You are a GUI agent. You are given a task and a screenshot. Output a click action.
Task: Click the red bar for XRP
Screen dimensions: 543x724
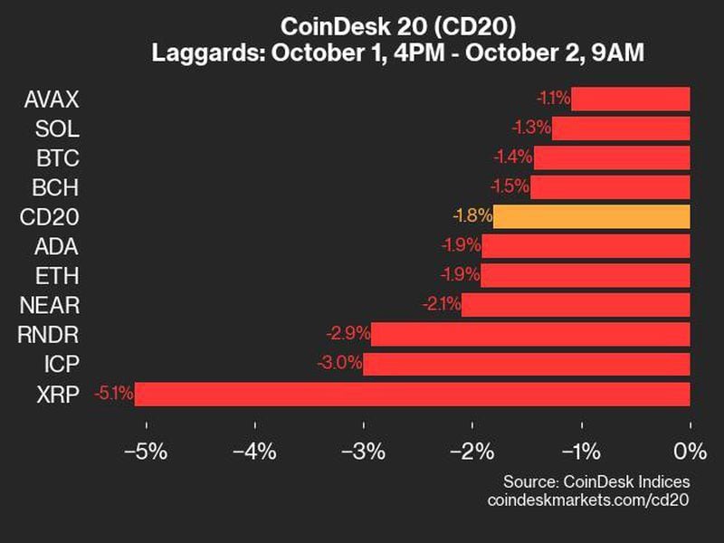(x=412, y=394)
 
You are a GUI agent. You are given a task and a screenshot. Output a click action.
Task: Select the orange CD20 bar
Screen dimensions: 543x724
(x=592, y=216)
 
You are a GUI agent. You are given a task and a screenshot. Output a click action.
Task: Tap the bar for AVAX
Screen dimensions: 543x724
(x=630, y=99)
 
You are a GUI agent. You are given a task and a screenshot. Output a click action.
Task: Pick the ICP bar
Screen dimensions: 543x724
(x=526, y=364)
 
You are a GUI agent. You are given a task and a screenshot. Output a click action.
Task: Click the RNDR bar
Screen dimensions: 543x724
(x=530, y=335)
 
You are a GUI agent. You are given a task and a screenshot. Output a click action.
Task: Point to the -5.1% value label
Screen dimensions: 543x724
(x=113, y=394)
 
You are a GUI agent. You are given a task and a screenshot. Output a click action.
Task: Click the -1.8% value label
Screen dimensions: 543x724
(x=472, y=216)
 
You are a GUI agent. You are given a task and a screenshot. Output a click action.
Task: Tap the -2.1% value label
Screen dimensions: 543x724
(x=441, y=305)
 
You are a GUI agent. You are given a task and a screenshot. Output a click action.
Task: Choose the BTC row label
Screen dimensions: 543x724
(x=58, y=157)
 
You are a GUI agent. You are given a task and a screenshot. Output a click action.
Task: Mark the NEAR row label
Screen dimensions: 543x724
(x=52, y=305)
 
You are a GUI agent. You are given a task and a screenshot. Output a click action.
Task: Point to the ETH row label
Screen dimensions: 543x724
(x=59, y=275)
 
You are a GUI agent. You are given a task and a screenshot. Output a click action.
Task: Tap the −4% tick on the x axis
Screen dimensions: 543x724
(x=254, y=450)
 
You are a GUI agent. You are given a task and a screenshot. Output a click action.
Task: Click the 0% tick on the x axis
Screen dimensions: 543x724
(x=690, y=450)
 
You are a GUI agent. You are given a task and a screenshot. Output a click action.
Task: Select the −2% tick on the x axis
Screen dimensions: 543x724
(x=472, y=450)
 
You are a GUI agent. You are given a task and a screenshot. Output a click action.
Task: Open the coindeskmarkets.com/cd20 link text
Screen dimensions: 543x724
(x=588, y=500)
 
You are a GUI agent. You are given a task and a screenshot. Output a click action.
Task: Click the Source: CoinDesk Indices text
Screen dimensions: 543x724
(x=596, y=481)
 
